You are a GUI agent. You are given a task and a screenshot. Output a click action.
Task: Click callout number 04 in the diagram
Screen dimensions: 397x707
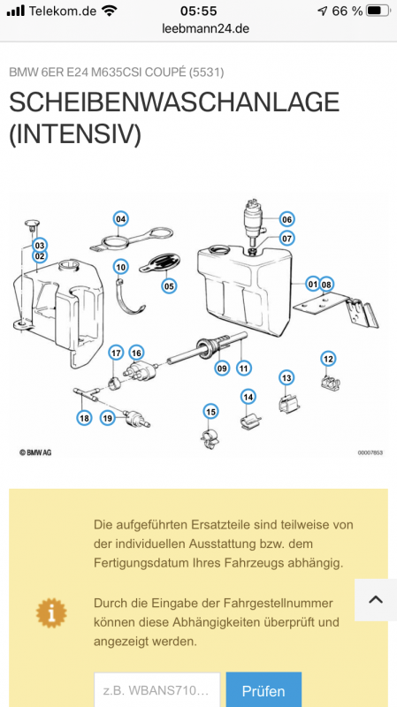(x=120, y=219)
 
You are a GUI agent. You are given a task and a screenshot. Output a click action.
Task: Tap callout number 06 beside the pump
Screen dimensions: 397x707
(x=286, y=219)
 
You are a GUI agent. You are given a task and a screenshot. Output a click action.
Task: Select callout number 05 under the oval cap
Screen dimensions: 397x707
(x=169, y=285)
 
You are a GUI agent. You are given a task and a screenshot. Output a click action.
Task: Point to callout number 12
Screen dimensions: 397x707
(x=328, y=359)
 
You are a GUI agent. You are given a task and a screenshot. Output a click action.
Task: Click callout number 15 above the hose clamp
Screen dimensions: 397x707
(x=210, y=411)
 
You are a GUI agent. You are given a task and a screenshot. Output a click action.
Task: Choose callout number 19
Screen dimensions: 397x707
(x=107, y=418)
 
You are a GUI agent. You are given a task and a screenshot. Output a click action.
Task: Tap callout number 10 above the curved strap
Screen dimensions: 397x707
(x=120, y=267)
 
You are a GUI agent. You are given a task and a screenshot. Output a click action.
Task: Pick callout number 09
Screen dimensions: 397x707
(x=222, y=369)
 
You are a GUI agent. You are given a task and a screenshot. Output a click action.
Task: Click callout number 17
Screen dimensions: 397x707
(x=117, y=353)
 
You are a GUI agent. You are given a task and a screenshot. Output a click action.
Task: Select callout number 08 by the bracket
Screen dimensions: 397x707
(x=326, y=285)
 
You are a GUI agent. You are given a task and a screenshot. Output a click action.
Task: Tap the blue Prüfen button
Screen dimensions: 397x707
(x=263, y=691)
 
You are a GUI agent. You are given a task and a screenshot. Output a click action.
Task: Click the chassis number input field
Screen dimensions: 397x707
(x=157, y=691)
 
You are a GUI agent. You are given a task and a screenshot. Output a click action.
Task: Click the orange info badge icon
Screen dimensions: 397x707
(x=51, y=612)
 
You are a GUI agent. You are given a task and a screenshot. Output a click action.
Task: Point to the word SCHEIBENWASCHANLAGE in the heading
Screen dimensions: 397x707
(x=174, y=103)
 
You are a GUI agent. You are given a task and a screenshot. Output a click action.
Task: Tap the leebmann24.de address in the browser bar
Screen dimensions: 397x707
(x=205, y=28)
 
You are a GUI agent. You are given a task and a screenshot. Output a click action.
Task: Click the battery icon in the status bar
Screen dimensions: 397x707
(x=378, y=11)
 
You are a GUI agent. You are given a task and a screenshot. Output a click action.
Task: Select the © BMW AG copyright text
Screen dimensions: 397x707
(x=35, y=452)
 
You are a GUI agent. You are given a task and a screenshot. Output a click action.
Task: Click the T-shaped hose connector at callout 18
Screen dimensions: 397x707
(x=88, y=393)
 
